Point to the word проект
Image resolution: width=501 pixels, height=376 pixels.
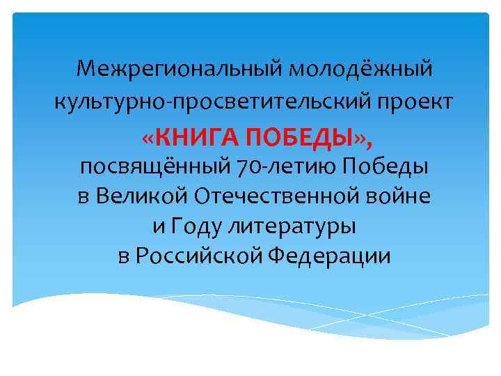point(420,102)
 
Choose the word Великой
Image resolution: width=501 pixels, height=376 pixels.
point(142,196)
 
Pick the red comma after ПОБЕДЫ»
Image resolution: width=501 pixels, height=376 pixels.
point(369,141)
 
